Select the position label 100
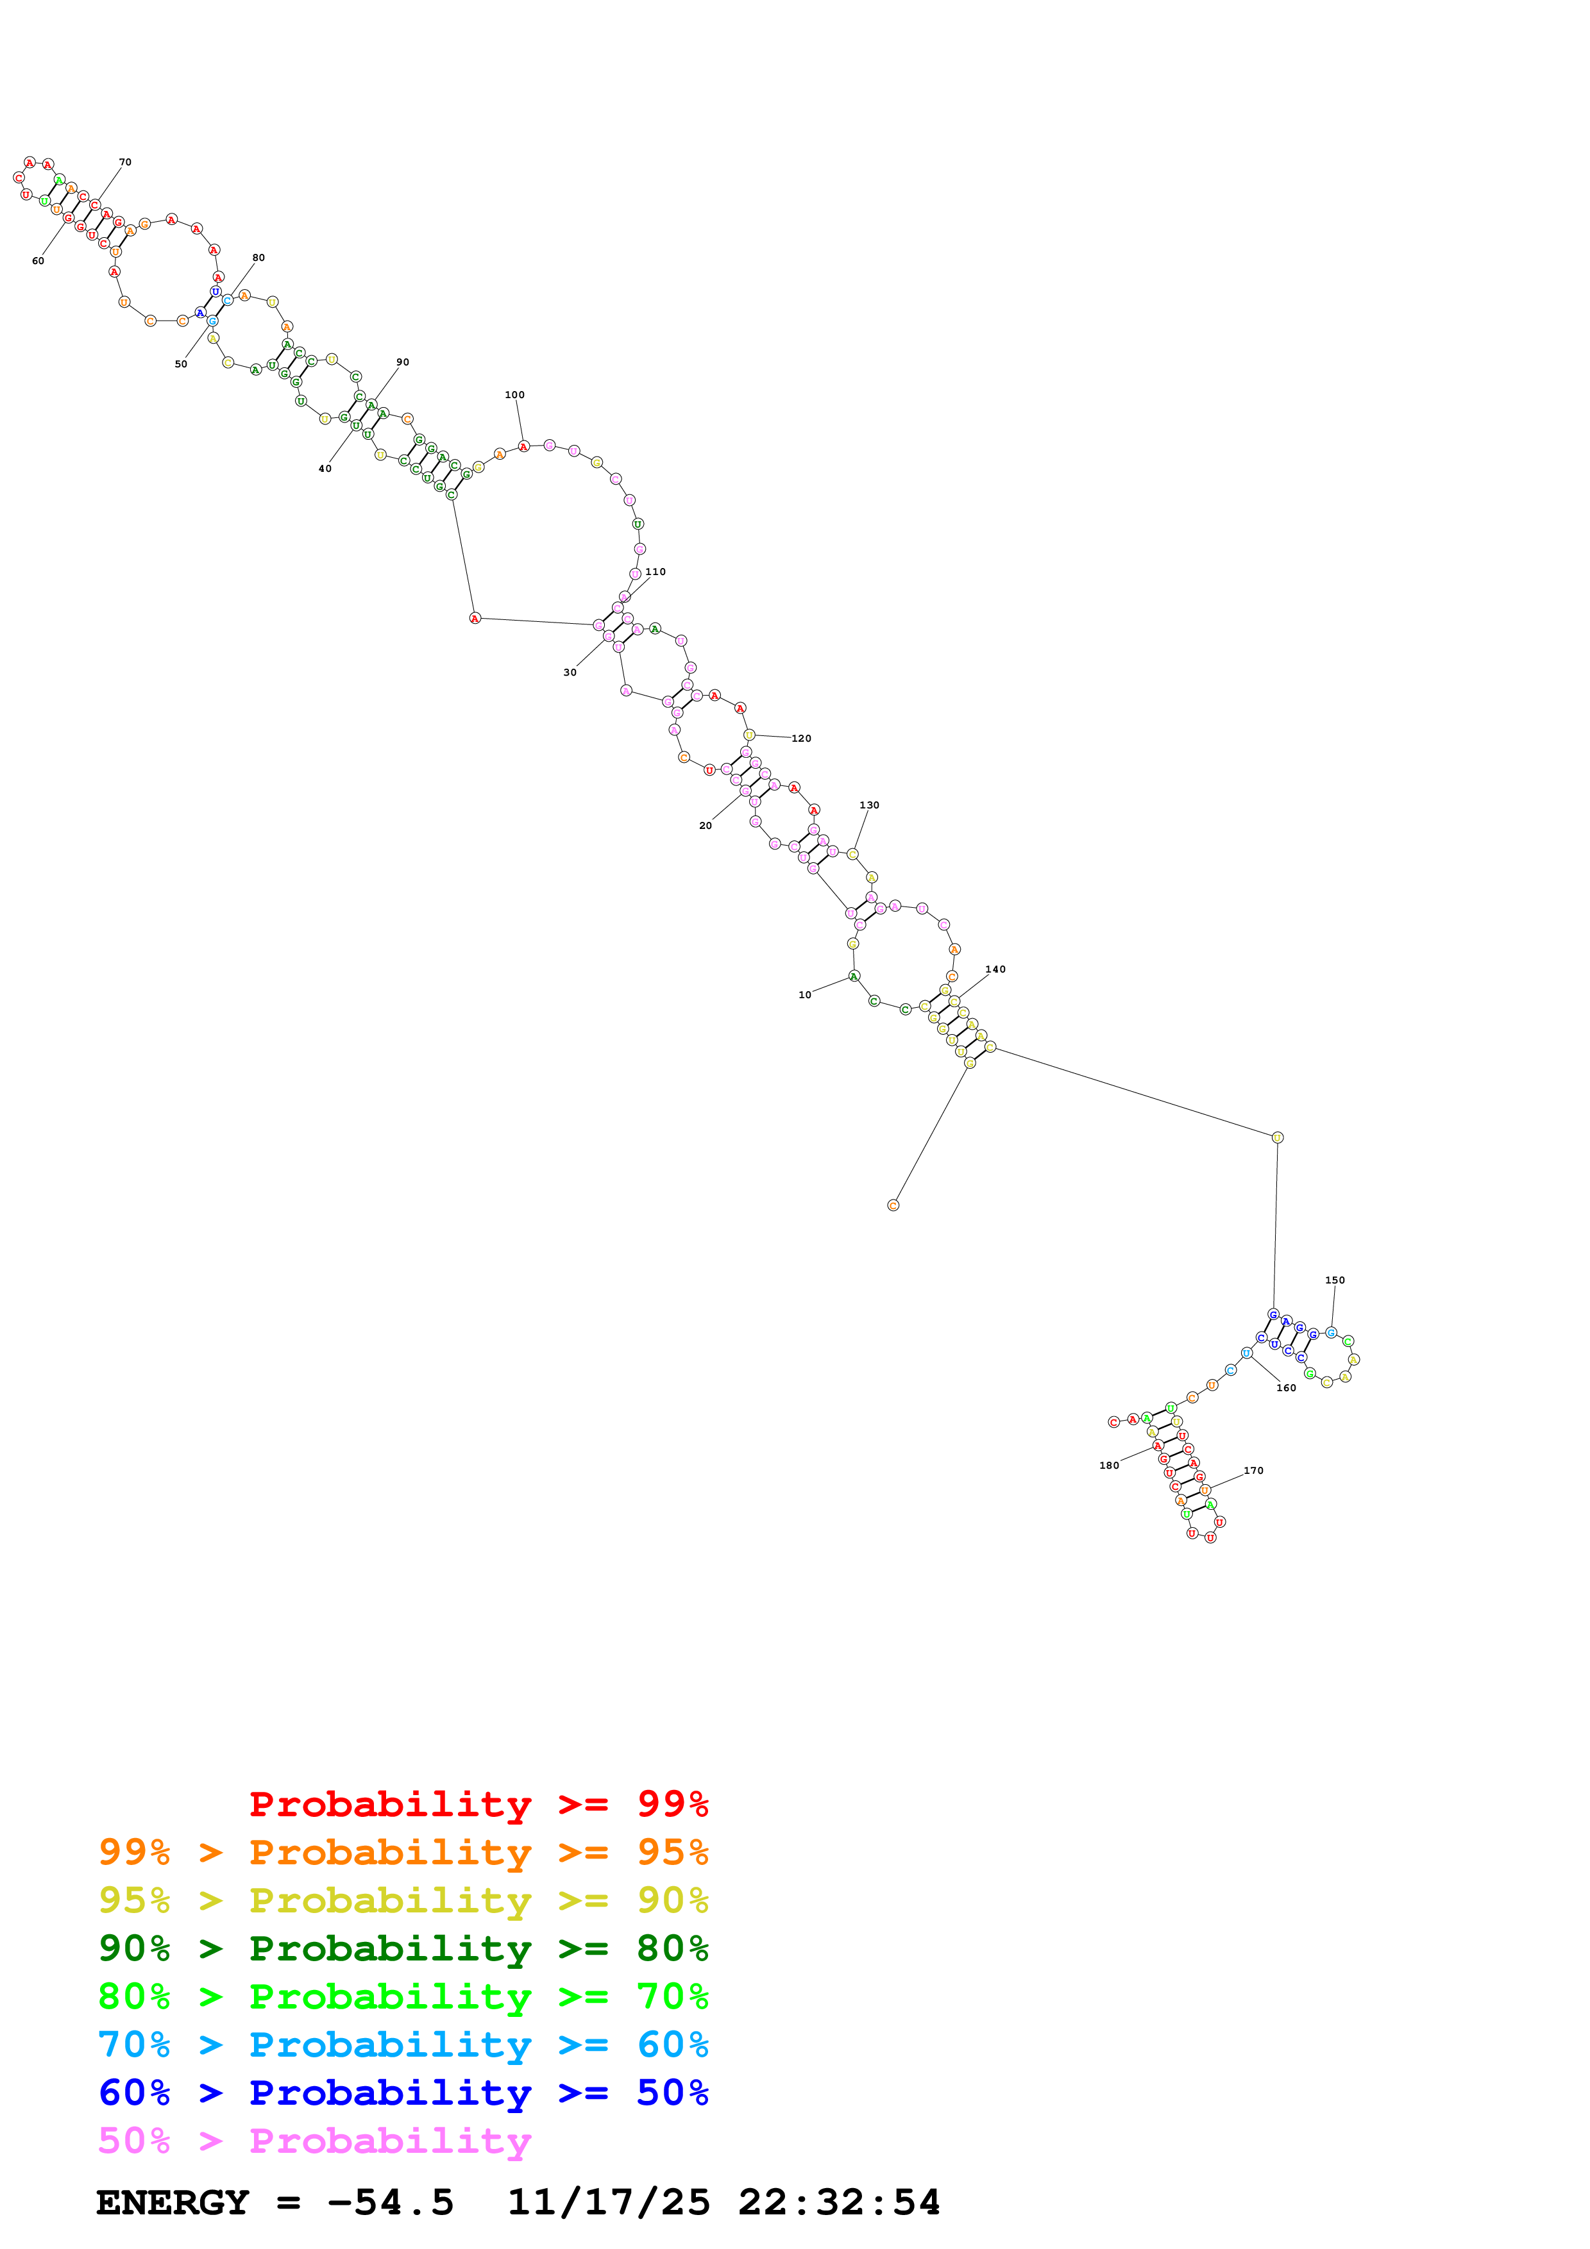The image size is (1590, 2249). (x=514, y=396)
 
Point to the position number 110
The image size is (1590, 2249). (x=655, y=572)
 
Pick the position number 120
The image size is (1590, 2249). (x=801, y=739)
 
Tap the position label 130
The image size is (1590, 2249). (x=869, y=805)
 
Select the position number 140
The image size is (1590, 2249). (x=995, y=970)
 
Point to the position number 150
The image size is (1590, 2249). (x=1334, y=1280)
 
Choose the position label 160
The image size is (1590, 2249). (x=1287, y=1388)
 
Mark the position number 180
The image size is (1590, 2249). (x=1109, y=1466)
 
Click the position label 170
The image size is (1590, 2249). (x=1254, y=1470)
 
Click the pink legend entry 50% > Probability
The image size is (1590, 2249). (x=314, y=2141)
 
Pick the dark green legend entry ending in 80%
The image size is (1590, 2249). (x=403, y=1949)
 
